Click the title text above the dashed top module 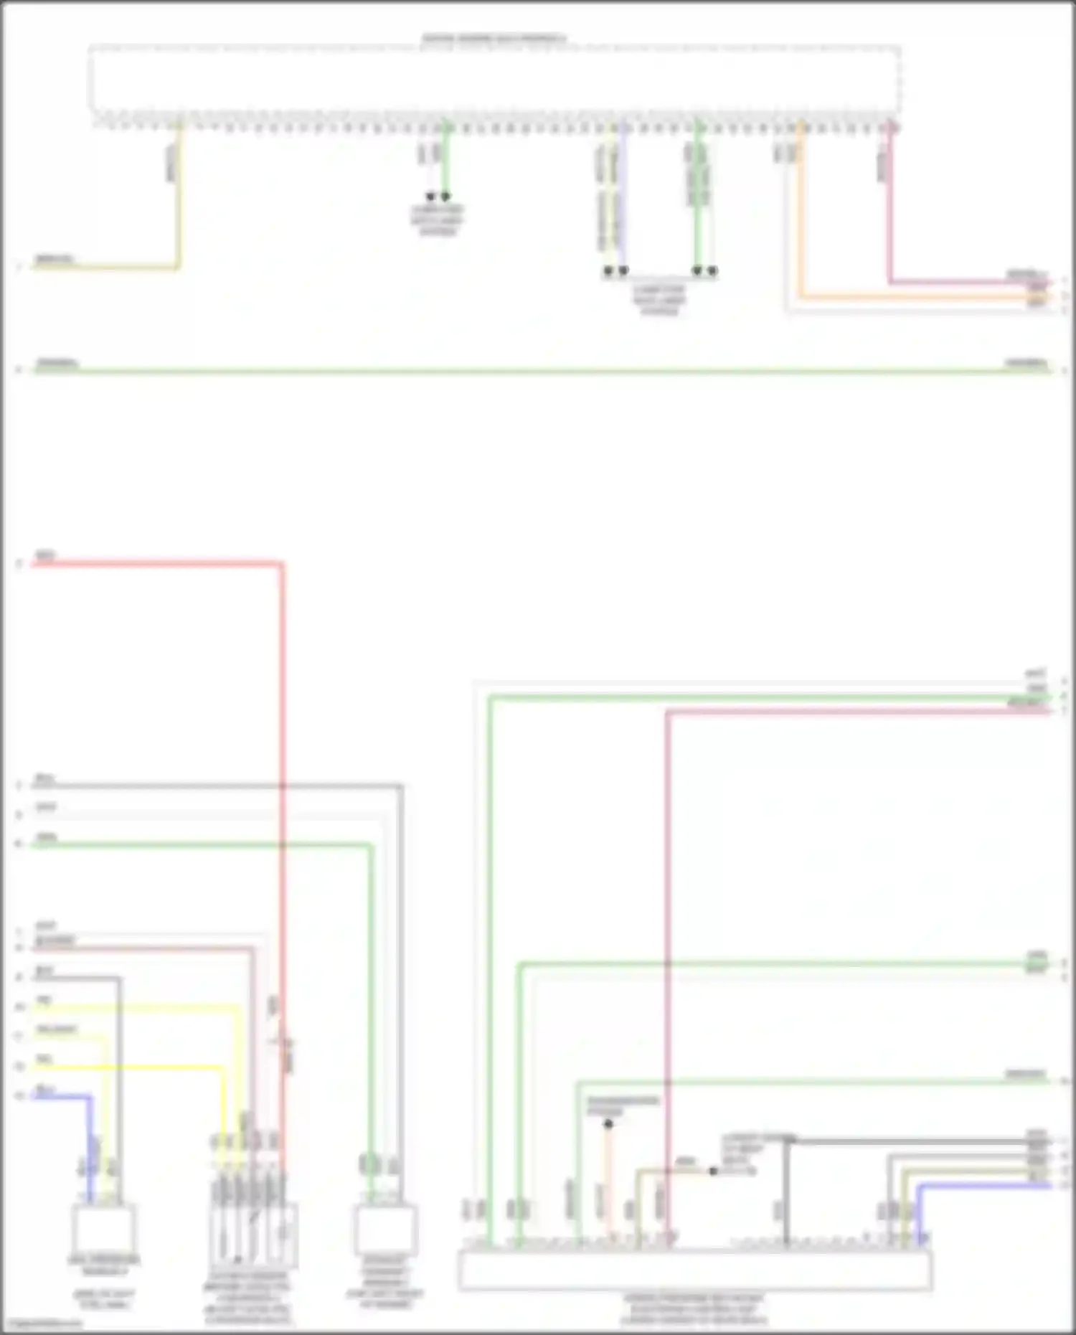click(494, 38)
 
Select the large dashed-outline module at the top click(495, 79)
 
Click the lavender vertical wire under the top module click(623, 201)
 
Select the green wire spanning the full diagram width click(538, 371)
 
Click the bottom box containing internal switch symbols click(253, 1234)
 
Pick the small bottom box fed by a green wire click(385, 1230)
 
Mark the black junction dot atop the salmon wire click(608, 1124)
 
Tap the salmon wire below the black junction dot click(608, 1176)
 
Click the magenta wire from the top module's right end click(889, 215)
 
